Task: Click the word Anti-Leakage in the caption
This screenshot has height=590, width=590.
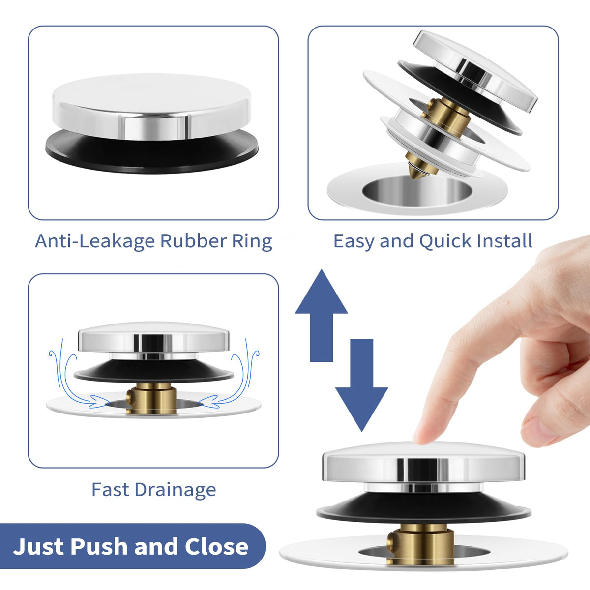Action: [95, 241]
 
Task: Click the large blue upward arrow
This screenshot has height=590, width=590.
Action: [322, 315]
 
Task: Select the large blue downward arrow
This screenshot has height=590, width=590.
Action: [362, 385]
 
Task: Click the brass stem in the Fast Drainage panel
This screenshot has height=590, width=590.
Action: [151, 399]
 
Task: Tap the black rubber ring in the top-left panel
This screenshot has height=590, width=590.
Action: [152, 152]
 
